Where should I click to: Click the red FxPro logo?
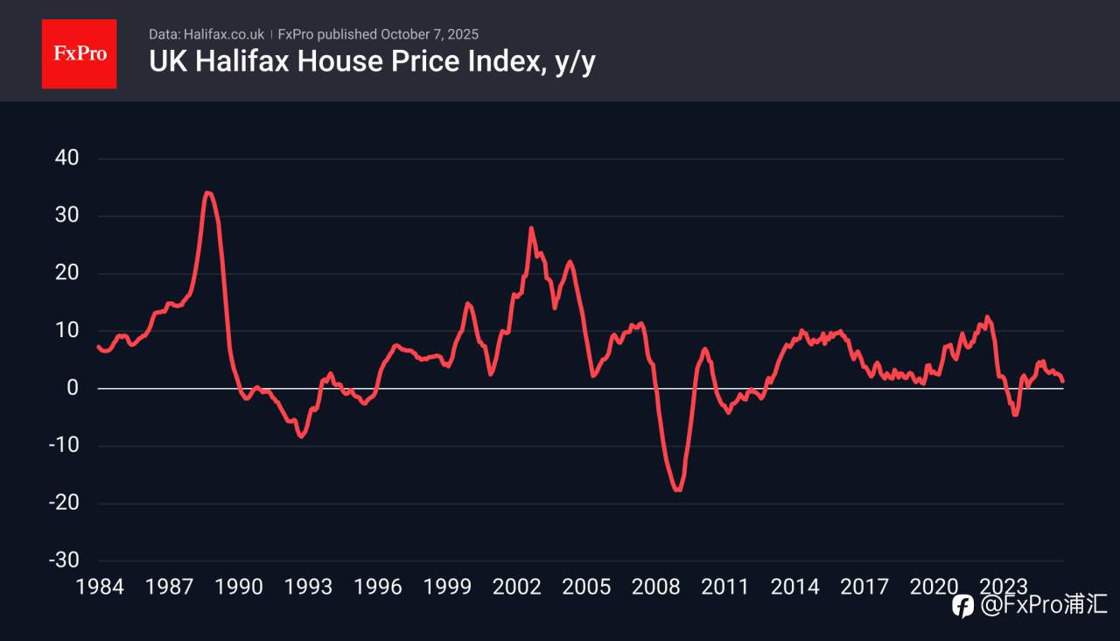[x=79, y=53]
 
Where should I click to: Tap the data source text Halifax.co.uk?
[x=223, y=34]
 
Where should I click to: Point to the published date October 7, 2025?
[x=430, y=34]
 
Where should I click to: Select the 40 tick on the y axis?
[x=66, y=158]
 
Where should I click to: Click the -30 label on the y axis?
[x=63, y=560]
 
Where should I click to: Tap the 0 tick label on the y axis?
[x=73, y=388]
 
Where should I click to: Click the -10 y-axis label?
[x=63, y=446]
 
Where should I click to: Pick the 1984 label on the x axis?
[x=100, y=587]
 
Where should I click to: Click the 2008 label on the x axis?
[x=655, y=587]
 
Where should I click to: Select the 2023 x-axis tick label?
[x=1003, y=587]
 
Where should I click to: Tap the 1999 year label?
[x=447, y=587]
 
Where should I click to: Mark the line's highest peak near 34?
[x=206, y=193]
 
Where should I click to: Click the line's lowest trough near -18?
[x=678, y=490]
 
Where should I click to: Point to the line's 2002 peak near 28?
[x=531, y=229]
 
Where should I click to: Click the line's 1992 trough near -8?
[x=302, y=436]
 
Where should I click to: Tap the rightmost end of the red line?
[x=1062, y=381]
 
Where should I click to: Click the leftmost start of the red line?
[x=99, y=347]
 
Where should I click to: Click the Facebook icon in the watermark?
[x=962, y=605]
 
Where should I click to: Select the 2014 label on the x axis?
[x=794, y=587]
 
